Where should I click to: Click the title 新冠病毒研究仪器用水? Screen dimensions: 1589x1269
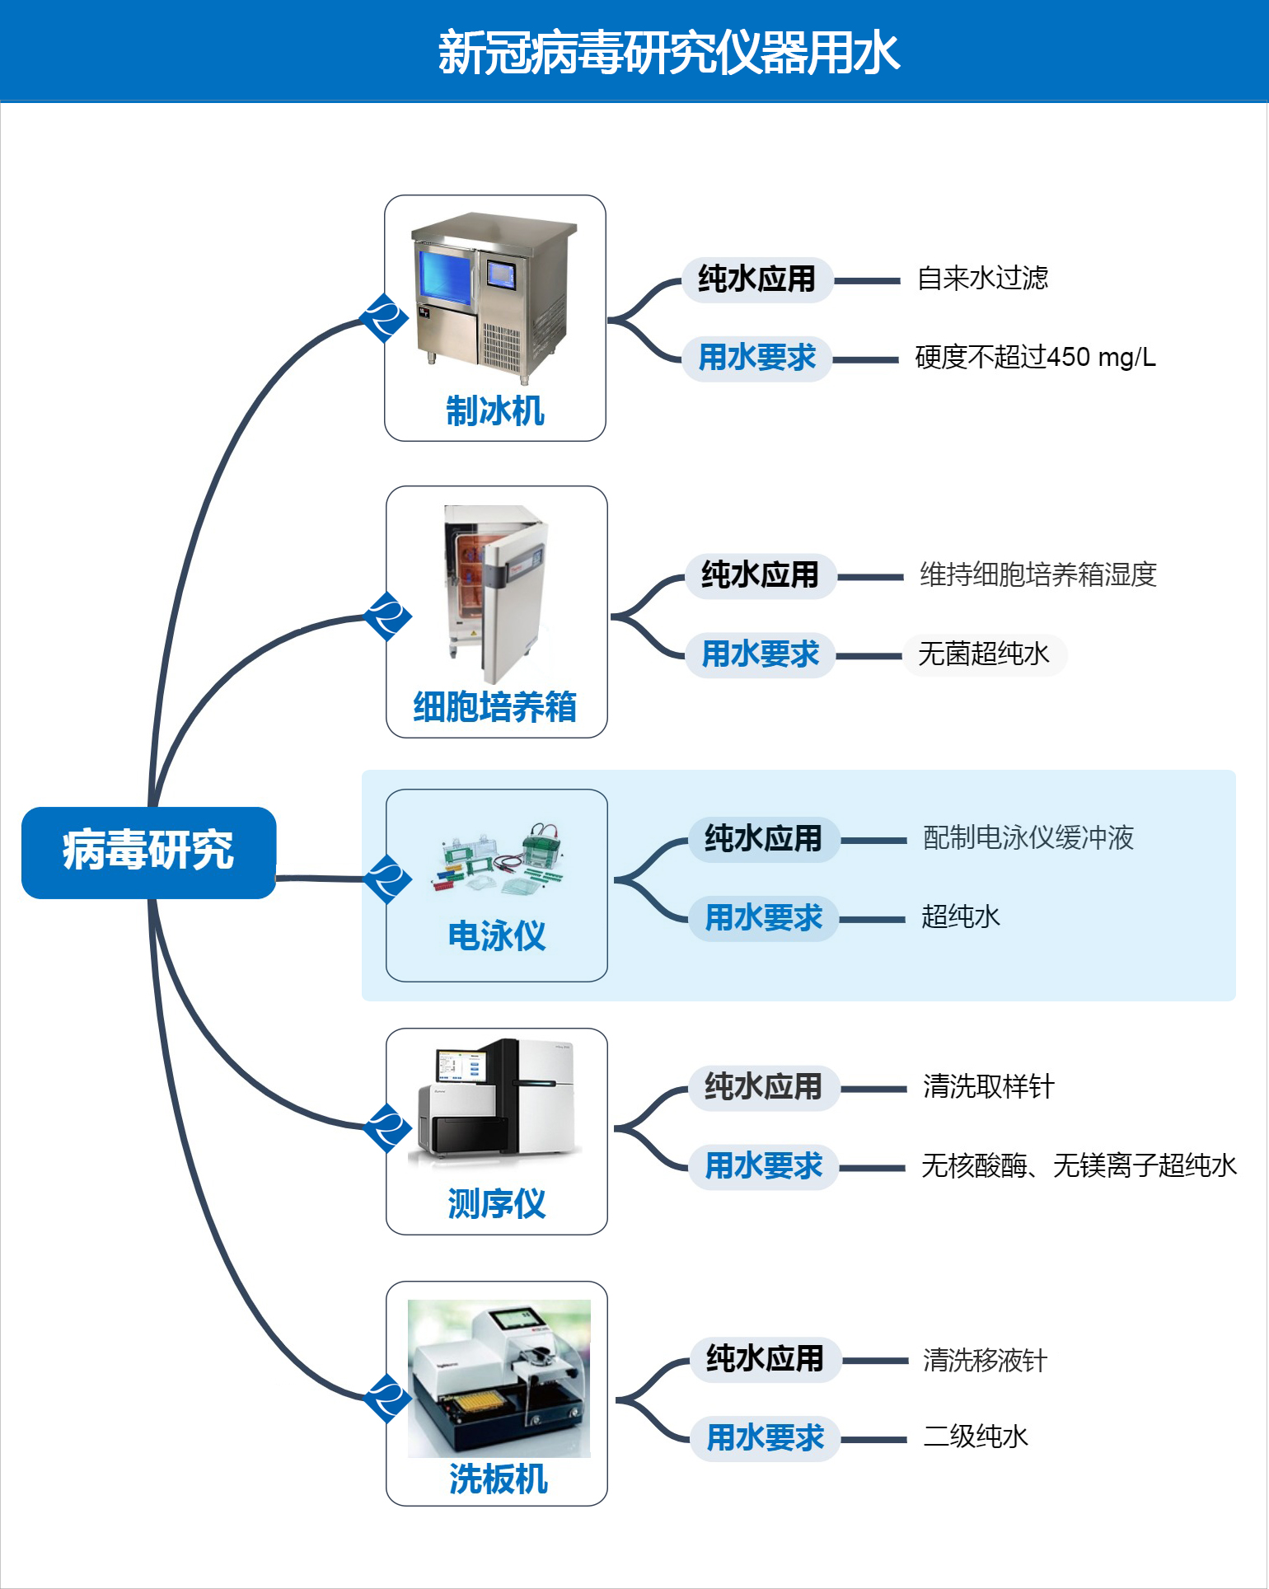click(668, 53)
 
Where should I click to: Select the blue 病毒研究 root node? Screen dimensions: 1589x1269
click(148, 851)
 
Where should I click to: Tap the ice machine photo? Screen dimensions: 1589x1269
click(494, 298)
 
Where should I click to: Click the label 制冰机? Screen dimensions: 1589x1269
click(495, 410)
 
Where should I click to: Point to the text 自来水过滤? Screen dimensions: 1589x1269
click(982, 279)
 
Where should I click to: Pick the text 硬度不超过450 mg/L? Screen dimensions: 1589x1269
click(1035, 357)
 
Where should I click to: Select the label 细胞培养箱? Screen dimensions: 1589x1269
click(495, 706)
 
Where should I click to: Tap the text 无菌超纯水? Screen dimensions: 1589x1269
click(984, 654)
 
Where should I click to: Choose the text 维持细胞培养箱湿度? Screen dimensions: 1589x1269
click(1038, 574)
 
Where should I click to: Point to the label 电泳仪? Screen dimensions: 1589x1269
click(497, 936)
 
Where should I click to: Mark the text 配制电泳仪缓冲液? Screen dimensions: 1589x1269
click(1028, 838)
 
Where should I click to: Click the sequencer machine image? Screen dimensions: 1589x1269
click(497, 1100)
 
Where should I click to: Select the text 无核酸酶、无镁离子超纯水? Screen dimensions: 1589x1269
click(1079, 1166)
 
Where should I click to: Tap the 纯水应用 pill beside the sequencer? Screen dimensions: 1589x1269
click(764, 1087)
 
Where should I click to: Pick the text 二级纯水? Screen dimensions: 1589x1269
click(976, 1437)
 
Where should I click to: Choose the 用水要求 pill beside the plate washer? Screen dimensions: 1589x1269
click(766, 1438)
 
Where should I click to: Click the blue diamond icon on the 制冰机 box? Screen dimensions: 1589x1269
click(384, 318)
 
